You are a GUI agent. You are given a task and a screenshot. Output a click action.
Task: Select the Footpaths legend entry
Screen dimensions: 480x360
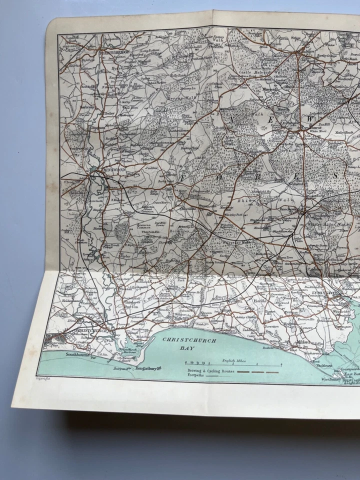coord(197,376)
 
